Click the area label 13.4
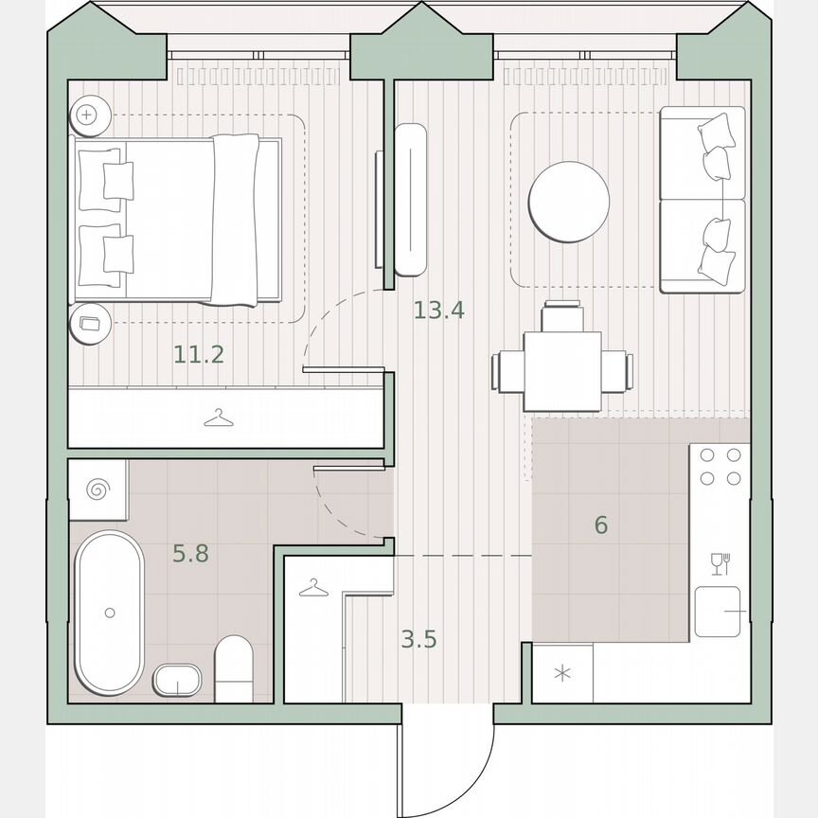click(438, 310)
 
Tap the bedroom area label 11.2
click(199, 355)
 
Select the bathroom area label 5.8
click(190, 554)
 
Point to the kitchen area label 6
click(601, 525)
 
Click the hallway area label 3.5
click(418, 640)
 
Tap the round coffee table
click(568, 202)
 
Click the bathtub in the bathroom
click(110, 612)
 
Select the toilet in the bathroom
click(234, 668)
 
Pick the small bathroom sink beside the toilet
click(177, 680)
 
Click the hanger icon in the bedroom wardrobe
click(219, 418)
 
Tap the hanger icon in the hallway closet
click(312, 589)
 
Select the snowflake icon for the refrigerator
click(562, 674)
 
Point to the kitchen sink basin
click(717, 612)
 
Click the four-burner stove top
click(720, 466)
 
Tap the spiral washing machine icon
click(98, 489)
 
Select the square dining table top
click(562, 371)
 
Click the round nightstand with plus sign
click(89, 115)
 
